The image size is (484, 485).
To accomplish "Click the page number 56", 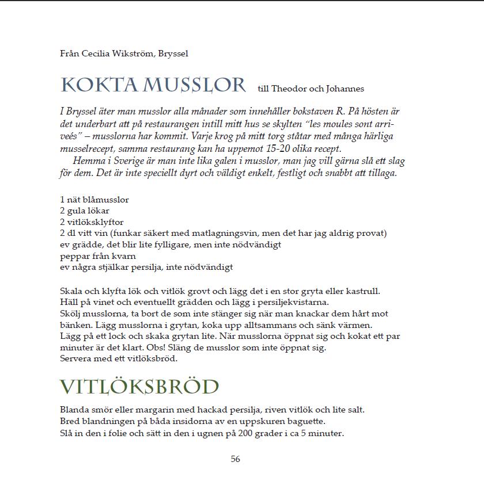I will [235, 459].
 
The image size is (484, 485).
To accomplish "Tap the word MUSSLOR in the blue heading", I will [194, 85].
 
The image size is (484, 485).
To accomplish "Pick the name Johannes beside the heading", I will [345, 89].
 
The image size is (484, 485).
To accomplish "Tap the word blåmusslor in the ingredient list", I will [103, 200].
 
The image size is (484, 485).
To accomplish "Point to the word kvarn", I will [124, 255].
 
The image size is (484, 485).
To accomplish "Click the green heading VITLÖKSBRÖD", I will [139, 387].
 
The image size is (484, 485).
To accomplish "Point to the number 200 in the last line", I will [244, 433].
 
